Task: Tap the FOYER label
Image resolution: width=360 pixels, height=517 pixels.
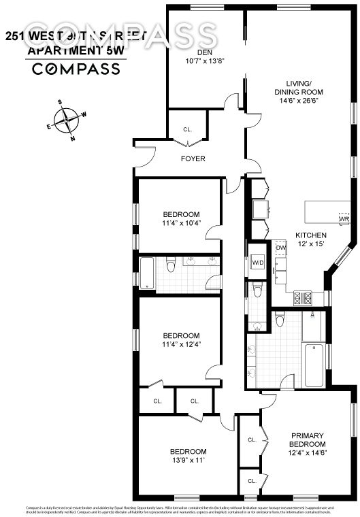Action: coord(193,159)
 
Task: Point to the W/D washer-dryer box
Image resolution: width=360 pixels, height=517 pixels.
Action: coord(258,263)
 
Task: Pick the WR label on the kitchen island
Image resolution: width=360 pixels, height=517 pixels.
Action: coord(344,219)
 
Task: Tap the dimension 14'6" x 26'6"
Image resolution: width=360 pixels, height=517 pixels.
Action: coord(298,101)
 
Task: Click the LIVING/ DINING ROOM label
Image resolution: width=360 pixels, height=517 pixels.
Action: coord(298,87)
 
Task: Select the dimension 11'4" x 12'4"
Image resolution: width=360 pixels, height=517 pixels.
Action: coord(180,344)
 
